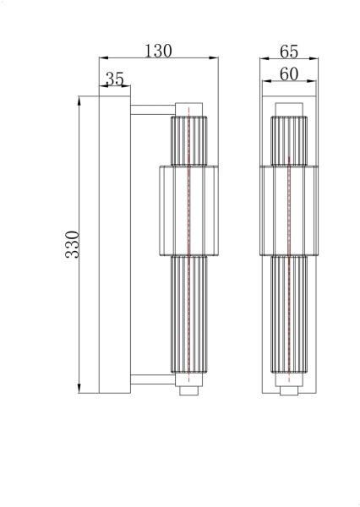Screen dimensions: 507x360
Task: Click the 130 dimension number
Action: (158, 50)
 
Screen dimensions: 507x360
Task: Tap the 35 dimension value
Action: (114, 79)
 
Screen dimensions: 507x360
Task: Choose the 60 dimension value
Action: (288, 74)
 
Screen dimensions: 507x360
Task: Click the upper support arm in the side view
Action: (151, 108)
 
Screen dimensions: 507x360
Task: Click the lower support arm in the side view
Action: (151, 379)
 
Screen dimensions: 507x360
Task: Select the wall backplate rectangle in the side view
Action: (114, 244)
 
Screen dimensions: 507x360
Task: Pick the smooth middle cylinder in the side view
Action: (188, 210)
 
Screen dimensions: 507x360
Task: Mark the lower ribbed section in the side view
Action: (188, 317)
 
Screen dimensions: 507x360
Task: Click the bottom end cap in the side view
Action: (189, 391)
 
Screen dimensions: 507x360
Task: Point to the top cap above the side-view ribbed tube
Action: (188, 108)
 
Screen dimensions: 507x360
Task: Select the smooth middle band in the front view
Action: (288, 210)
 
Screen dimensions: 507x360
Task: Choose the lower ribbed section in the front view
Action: (288, 317)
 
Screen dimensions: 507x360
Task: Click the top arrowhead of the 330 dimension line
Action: (79, 100)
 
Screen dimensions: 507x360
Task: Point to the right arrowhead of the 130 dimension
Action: (215, 58)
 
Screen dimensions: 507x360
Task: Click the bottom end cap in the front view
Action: (288, 390)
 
